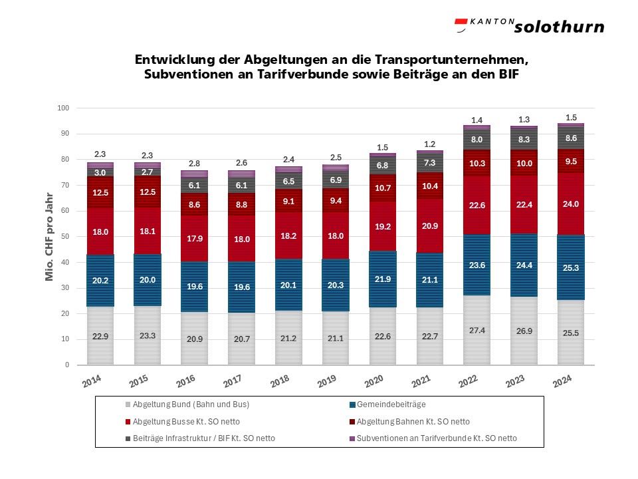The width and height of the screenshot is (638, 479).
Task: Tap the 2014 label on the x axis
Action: tap(92, 381)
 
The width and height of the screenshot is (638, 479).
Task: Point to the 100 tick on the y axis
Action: tap(63, 108)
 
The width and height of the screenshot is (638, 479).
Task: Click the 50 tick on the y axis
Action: tap(65, 237)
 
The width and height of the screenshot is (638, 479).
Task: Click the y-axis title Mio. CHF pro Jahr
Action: tap(49, 236)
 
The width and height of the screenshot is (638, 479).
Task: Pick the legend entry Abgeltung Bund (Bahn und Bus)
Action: tap(181, 404)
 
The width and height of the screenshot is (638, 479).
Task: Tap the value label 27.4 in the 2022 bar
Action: tap(477, 330)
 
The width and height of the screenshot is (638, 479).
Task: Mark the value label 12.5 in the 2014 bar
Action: tap(100, 193)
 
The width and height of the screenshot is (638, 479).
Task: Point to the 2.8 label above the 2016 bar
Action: tap(194, 164)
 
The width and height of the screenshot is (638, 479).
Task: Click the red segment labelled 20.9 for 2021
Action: tap(429, 227)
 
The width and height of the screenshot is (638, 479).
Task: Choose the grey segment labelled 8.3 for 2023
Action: tap(524, 140)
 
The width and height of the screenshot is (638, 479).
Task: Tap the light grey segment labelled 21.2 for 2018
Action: tap(288, 337)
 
